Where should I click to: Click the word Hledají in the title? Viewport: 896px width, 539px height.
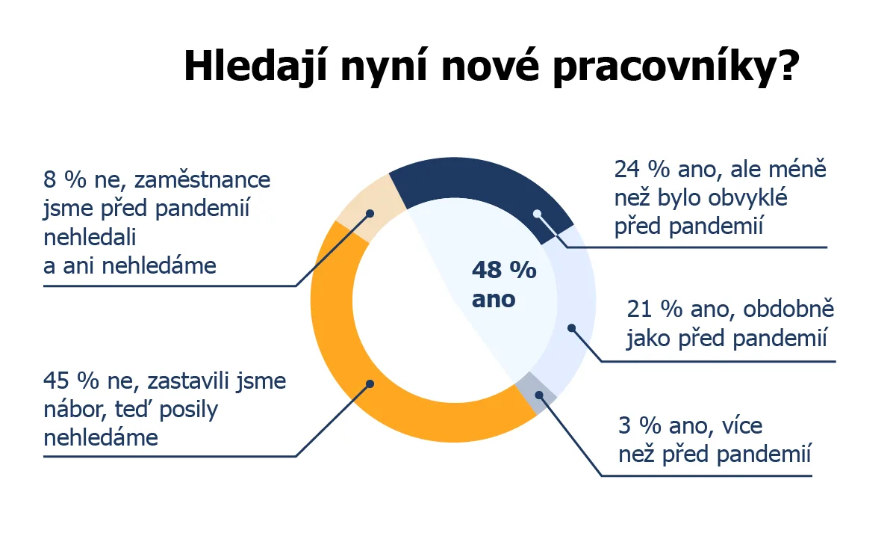[x=256, y=67]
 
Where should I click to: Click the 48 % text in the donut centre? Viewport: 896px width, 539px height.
[x=504, y=270]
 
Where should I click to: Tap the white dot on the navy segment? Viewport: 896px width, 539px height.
[x=537, y=214]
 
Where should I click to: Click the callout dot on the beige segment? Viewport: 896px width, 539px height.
[x=370, y=214]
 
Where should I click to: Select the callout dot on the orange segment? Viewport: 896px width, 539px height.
[x=370, y=384]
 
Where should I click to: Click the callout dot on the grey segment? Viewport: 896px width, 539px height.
[x=539, y=395]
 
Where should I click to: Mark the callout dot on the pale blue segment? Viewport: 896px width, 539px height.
[x=572, y=328]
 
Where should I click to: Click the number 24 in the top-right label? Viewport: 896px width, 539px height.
[x=627, y=170]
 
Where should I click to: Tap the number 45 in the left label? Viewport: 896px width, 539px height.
[x=56, y=381]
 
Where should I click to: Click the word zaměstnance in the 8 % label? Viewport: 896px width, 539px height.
[x=202, y=180]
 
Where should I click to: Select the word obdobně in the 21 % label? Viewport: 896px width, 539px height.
[x=788, y=309]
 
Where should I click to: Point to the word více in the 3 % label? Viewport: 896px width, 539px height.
[x=742, y=425]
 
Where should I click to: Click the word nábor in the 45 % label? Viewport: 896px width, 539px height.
[x=75, y=409]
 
